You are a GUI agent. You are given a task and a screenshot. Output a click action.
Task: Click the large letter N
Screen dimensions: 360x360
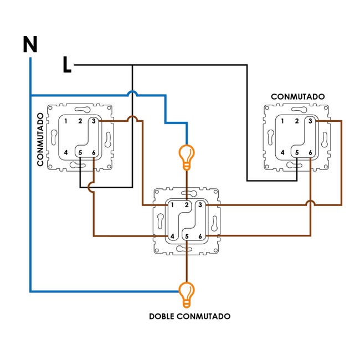pos(30,44)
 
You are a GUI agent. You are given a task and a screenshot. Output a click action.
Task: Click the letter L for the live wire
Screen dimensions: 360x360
pos(67,65)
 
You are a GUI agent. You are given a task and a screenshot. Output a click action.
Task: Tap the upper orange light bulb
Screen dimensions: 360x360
pos(187,157)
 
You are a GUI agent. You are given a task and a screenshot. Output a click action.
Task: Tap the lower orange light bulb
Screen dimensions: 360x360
pos(187,295)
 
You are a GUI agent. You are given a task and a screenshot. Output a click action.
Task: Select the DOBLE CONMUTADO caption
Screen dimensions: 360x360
pos(189,316)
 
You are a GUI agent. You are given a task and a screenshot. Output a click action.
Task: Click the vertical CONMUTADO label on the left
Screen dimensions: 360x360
pos(40,140)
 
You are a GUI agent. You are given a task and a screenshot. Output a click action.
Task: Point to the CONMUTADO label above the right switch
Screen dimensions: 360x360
pos(298,97)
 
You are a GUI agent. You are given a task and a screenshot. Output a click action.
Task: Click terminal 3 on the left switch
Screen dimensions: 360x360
pos(94,121)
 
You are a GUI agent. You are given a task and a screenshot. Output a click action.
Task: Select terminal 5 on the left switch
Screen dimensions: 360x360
pos(80,152)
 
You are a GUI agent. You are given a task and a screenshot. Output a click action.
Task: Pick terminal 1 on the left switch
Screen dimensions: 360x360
pos(66,121)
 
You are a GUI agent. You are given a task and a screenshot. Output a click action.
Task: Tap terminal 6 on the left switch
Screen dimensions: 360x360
pos(94,152)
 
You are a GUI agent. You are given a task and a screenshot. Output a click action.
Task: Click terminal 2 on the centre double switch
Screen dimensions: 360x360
pos(187,205)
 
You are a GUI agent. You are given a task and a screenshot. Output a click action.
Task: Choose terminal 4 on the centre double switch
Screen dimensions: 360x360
pos(172,236)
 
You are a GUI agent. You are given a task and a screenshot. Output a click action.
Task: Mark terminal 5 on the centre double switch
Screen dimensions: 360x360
pos(187,236)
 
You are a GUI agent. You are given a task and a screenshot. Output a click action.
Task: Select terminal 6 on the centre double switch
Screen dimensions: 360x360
pos(200,236)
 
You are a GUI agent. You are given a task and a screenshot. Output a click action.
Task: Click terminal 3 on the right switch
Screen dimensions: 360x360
pos(310,121)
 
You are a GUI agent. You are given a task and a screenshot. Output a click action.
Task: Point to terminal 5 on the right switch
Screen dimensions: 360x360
pos(297,152)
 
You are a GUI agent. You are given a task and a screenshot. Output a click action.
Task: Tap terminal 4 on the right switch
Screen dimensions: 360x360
pos(282,152)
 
